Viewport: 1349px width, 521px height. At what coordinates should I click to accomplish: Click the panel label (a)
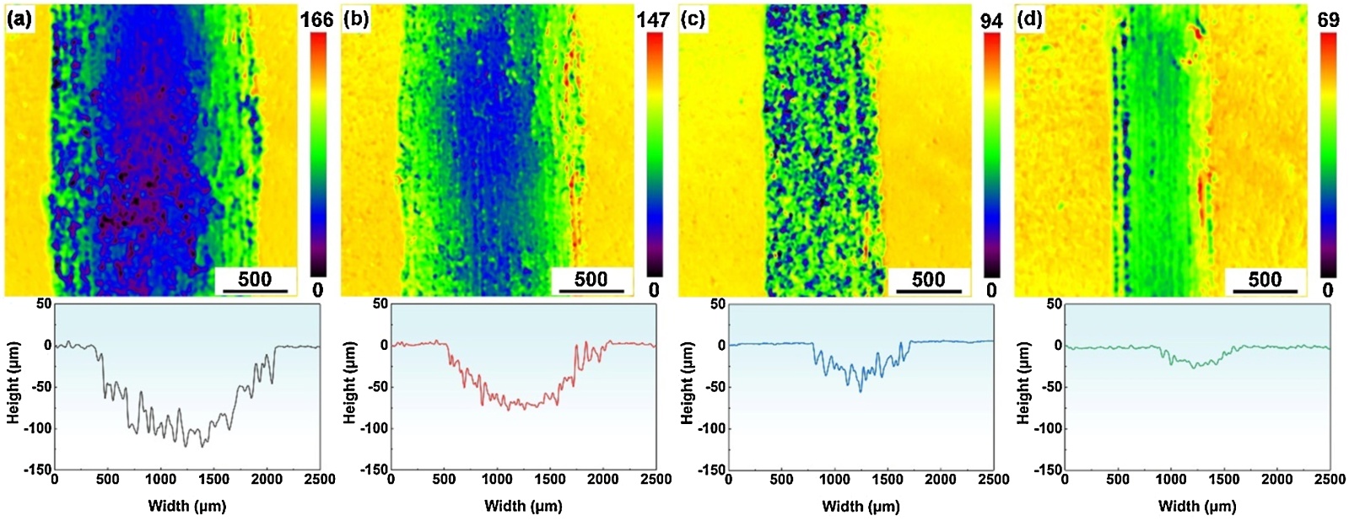[19, 19]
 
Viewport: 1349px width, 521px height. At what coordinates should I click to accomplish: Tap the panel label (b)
[356, 19]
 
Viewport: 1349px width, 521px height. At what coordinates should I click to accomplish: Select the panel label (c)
[693, 19]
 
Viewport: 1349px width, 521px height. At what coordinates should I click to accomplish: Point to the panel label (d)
[1029, 19]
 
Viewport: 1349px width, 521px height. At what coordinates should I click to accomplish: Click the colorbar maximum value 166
[317, 19]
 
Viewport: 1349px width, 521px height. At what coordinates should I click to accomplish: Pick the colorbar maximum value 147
[653, 19]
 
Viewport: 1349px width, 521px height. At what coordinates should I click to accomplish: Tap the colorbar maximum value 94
[991, 19]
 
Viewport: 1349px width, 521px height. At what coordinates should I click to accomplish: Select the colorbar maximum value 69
[1328, 19]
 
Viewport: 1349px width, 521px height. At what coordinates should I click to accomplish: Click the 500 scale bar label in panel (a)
[255, 279]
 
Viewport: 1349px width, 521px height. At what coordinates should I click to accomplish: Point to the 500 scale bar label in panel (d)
[1265, 279]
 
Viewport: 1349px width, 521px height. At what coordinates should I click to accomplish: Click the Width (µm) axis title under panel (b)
[523, 506]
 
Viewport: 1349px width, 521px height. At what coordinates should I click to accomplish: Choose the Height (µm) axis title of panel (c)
[688, 385]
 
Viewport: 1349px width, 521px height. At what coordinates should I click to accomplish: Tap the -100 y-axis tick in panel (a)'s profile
[36, 428]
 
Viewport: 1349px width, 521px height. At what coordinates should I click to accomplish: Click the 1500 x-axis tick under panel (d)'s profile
[1223, 480]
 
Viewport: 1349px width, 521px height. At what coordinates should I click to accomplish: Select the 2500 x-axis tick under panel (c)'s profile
[993, 480]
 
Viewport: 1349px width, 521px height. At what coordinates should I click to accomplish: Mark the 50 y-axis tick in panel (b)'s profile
[380, 303]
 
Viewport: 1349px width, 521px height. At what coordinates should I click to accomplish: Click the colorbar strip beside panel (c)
[991, 156]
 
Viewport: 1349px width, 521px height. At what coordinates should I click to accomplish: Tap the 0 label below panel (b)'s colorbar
[654, 290]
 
